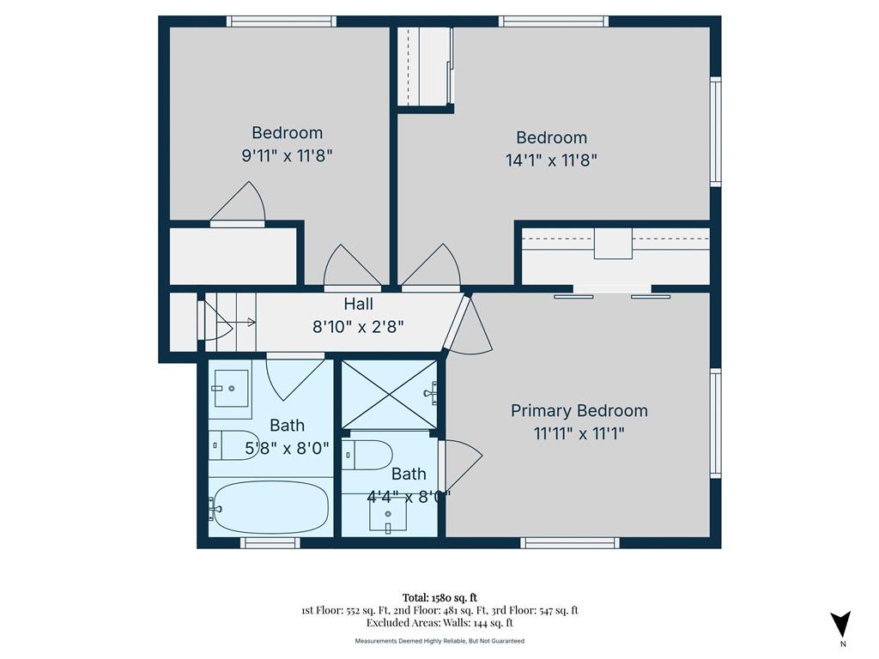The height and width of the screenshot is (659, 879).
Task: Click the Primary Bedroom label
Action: pyautogui.click(x=579, y=411)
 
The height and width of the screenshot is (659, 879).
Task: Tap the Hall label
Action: pyautogui.click(x=358, y=305)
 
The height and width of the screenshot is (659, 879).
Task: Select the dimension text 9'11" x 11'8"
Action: pyautogui.click(x=287, y=155)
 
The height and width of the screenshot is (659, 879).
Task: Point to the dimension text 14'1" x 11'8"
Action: pyautogui.click(x=551, y=160)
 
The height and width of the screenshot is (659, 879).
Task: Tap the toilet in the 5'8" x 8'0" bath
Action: pyautogui.click(x=234, y=445)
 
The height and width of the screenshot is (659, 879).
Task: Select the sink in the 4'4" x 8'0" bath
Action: pyautogui.click(x=388, y=513)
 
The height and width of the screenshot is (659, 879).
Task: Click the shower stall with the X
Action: pyautogui.click(x=389, y=395)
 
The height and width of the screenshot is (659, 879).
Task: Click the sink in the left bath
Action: pyautogui.click(x=230, y=389)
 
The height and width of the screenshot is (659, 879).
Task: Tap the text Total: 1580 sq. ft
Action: pyautogui.click(x=439, y=597)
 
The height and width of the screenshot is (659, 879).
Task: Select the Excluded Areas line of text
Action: pyautogui.click(x=439, y=623)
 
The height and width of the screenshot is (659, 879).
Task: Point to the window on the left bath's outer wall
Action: pyautogui.click(x=270, y=542)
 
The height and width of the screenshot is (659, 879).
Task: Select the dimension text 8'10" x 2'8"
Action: pyautogui.click(x=358, y=327)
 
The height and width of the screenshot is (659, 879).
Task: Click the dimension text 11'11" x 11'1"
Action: pyautogui.click(x=579, y=433)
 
